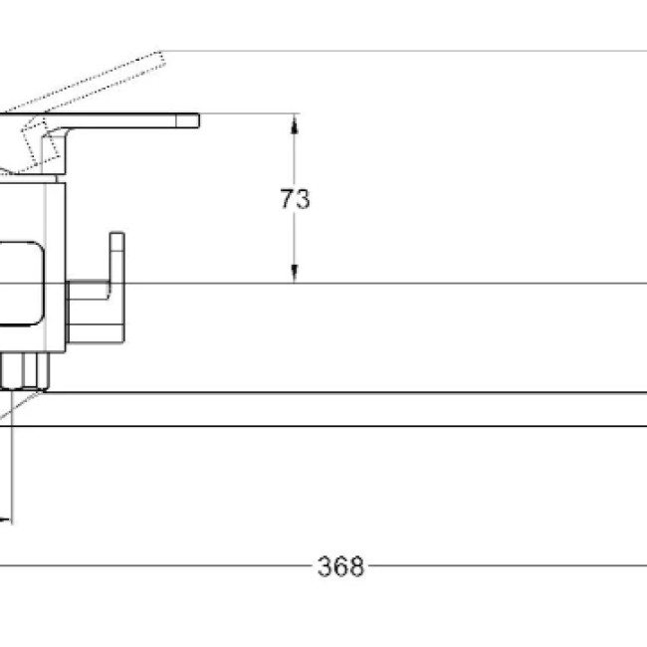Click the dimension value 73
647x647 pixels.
(x=295, y=199)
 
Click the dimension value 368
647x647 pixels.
(x=340, y=566)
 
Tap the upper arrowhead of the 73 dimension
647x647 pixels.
(x=294, y=124)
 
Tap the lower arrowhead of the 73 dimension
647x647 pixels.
(x=294, y=273)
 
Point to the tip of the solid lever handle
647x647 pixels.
(x=199, y=120)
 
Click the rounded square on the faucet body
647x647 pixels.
(x=21, y=284)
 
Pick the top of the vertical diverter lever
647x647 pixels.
(x=117, y=234)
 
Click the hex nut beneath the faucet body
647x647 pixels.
(x=24, y=371)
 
